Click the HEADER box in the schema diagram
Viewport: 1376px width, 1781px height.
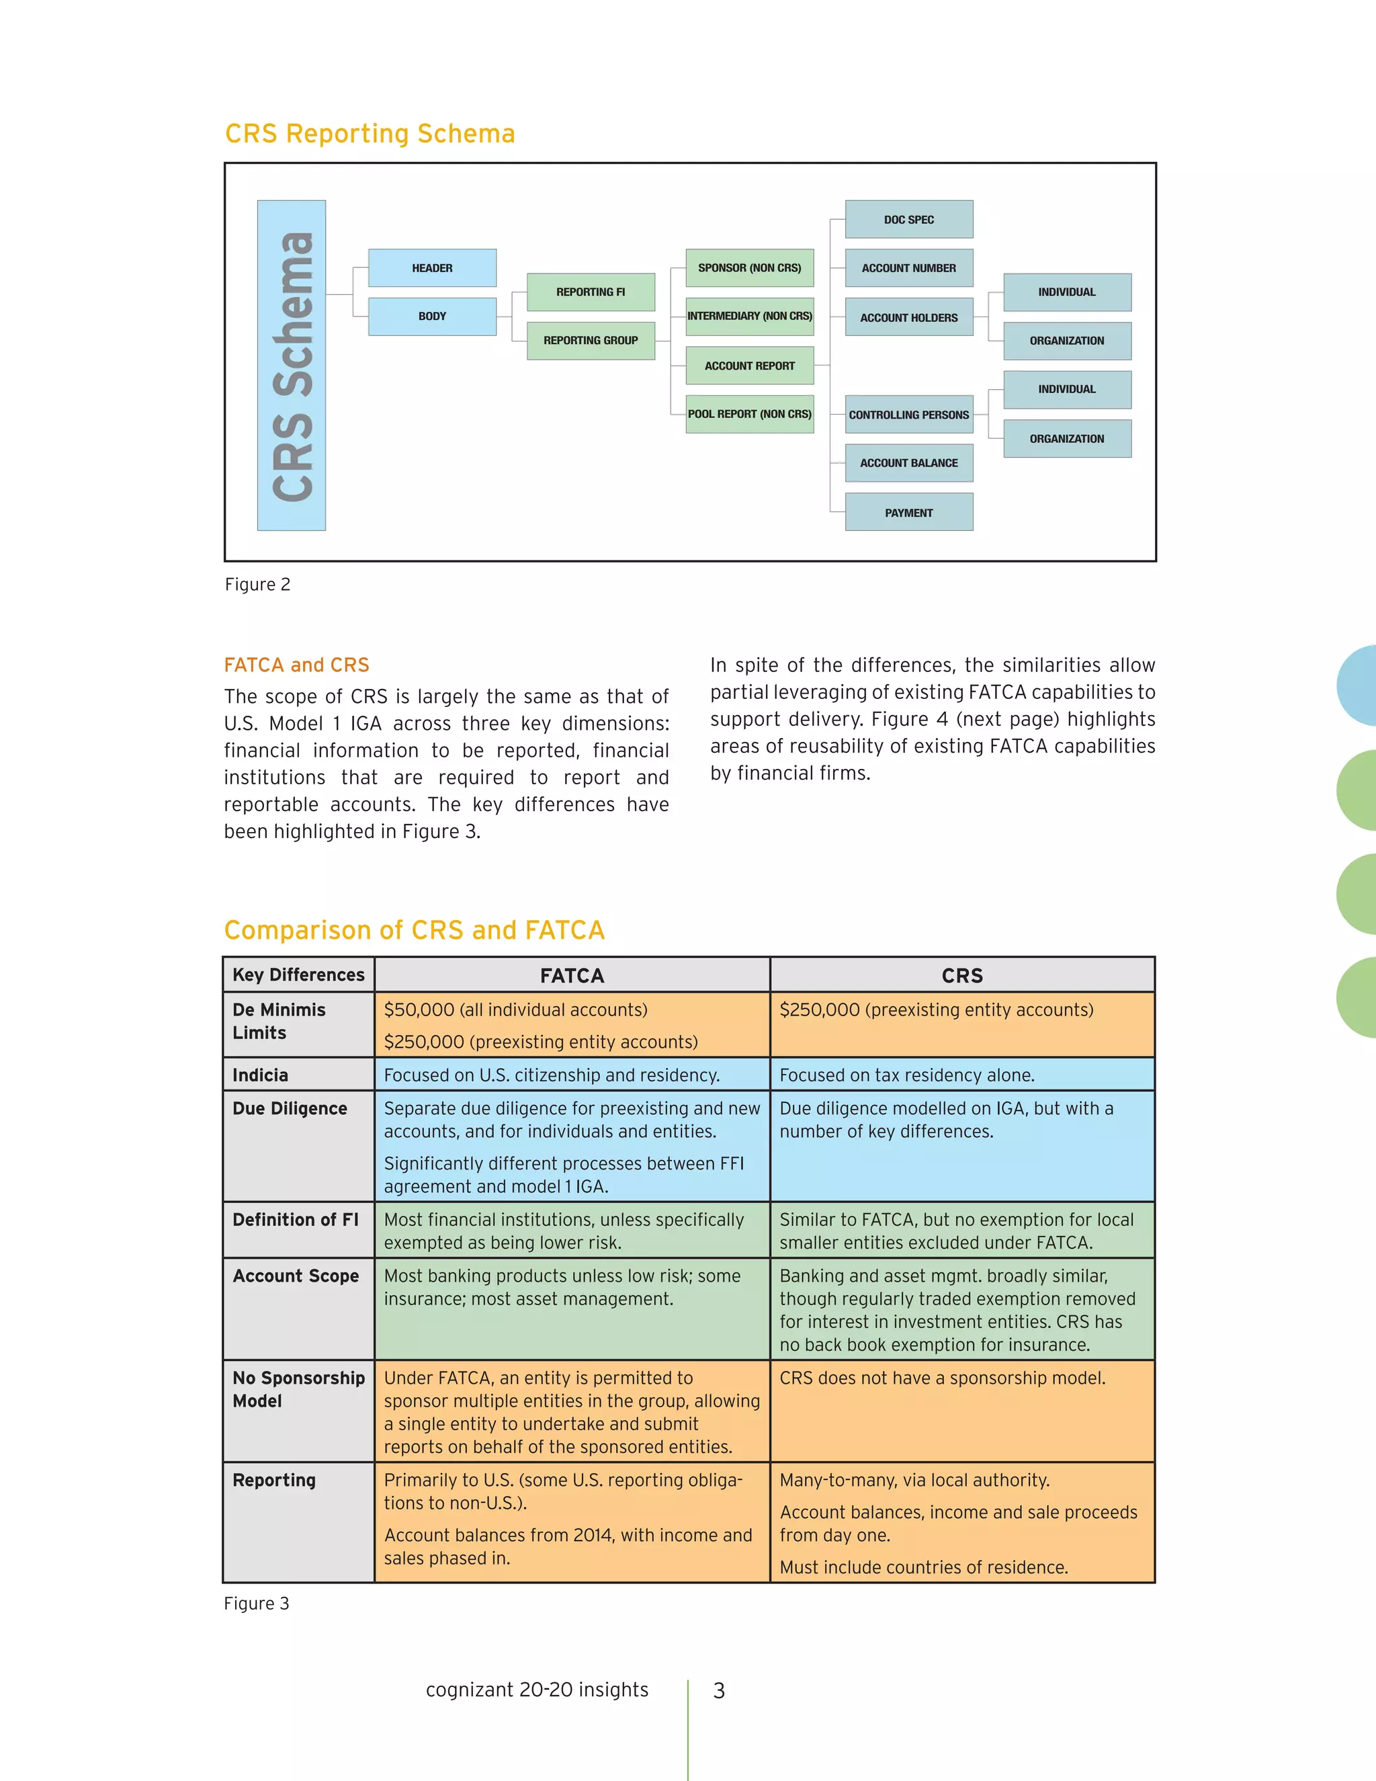[432, 268]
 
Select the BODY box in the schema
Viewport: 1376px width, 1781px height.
[432, 317]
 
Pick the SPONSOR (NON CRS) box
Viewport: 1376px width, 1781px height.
[749, 268]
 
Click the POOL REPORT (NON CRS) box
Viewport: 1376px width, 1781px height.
[749, 414]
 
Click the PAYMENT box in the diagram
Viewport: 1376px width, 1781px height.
[909, 513]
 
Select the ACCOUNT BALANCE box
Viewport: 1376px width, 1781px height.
[909, 463]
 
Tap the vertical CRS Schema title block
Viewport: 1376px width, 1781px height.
[292, 366]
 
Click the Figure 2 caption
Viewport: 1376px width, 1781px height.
[257, 585]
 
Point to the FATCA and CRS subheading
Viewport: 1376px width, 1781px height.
[297, 665]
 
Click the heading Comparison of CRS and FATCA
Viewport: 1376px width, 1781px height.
[414, 930]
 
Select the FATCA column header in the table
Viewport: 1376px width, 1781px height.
[572, 975]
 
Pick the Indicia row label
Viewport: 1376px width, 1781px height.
[260, 1075]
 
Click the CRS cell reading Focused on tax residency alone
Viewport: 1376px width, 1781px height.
[906, 1075]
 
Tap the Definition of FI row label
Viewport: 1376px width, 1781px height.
[295, 1220]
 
